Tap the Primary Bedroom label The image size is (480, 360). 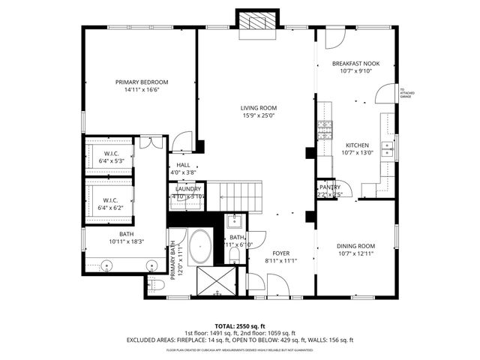click(142, 82)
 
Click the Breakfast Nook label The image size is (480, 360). click(355, 64)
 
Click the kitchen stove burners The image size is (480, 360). click(325, 130)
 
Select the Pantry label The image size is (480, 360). click(330, 187)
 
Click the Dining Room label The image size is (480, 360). click(355, 246)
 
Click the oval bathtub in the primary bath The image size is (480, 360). click(200, 248)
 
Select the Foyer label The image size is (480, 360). click(280, 253)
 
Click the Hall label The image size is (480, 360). click(183, 165)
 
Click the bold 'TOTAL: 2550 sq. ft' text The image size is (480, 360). click(239, 326)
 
